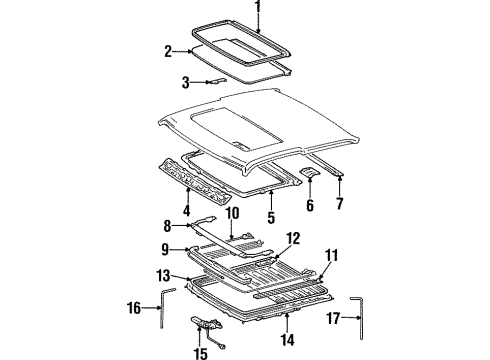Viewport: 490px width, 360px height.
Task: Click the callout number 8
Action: [169, 227]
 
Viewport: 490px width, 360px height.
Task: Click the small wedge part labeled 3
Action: [216, 83]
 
